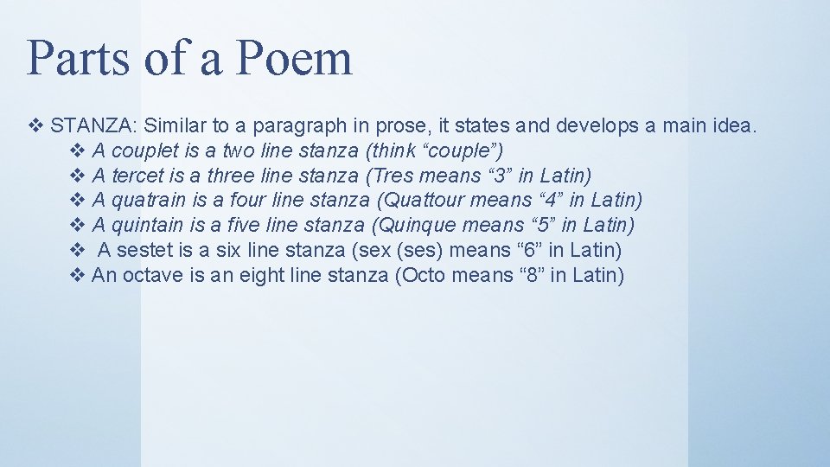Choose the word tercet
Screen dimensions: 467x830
tap(138, 176)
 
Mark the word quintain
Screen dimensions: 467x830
tap(148, 227)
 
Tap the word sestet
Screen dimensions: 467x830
tap(144, 251)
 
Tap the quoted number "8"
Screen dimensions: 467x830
tap(527, 276)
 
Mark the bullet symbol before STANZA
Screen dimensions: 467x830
tap(35, 126)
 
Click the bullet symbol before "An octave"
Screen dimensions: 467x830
tap(77, 276)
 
